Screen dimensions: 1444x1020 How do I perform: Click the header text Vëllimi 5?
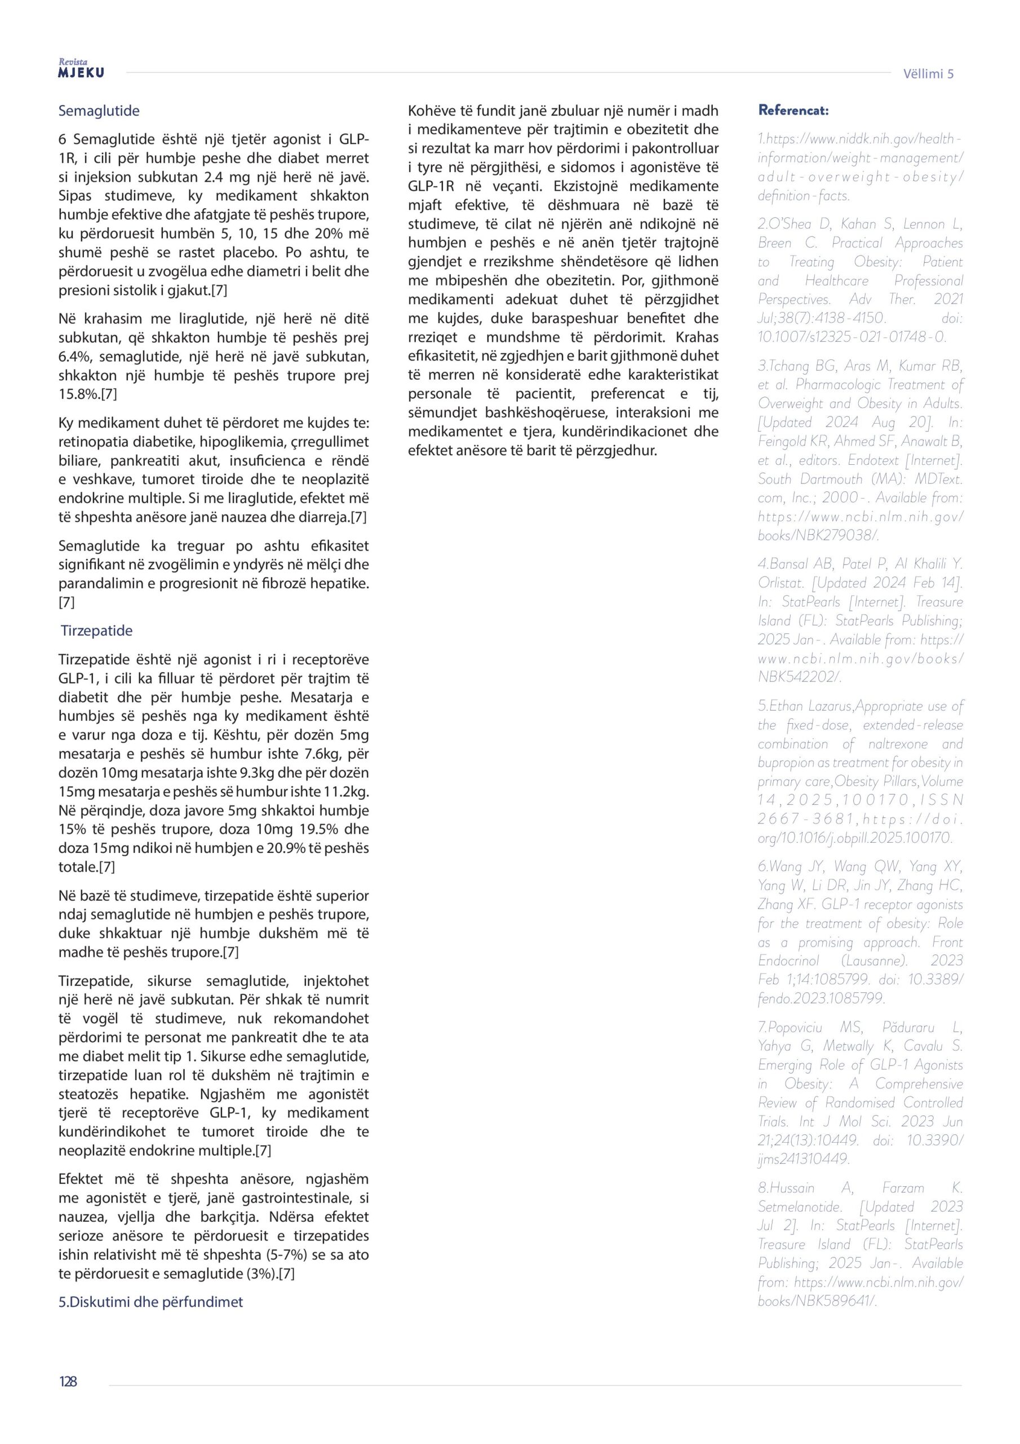pos(928,73)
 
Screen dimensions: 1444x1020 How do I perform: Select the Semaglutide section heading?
pos(99,111)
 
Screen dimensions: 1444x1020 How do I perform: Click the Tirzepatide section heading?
pos(96,630)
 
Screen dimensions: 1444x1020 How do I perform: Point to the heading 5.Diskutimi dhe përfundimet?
pos(151,1302)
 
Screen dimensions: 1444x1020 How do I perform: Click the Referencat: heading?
pos(793,110)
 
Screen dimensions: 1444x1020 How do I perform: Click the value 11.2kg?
pos(346,791)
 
